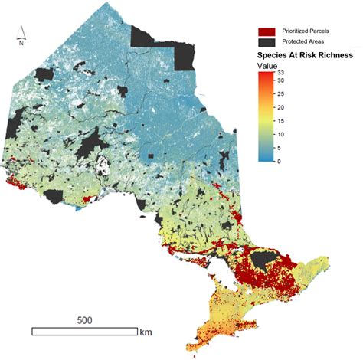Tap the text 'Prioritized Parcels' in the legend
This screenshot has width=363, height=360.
click(307, 31)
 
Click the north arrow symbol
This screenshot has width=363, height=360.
click(23, 33)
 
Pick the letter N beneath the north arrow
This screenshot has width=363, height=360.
click(22, 44)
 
